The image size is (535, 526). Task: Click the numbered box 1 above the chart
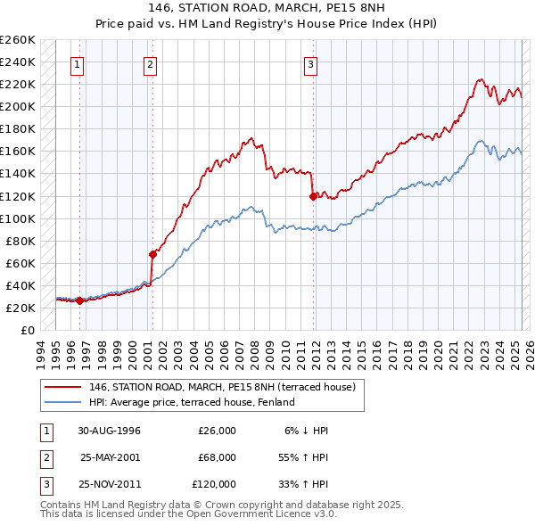[78, 64]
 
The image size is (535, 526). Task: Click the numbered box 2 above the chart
[151, 64]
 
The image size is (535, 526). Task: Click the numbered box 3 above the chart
[310, 64]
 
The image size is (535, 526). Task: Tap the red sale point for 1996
[80, 300]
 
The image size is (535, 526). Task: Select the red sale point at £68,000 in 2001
[152, 254]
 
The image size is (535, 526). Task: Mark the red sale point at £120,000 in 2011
[313, 196]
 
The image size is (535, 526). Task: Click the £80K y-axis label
[21, 241]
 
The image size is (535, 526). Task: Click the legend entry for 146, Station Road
[222, 387]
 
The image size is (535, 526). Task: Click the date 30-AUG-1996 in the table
[110, 431]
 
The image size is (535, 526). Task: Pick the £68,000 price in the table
[215, 457]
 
